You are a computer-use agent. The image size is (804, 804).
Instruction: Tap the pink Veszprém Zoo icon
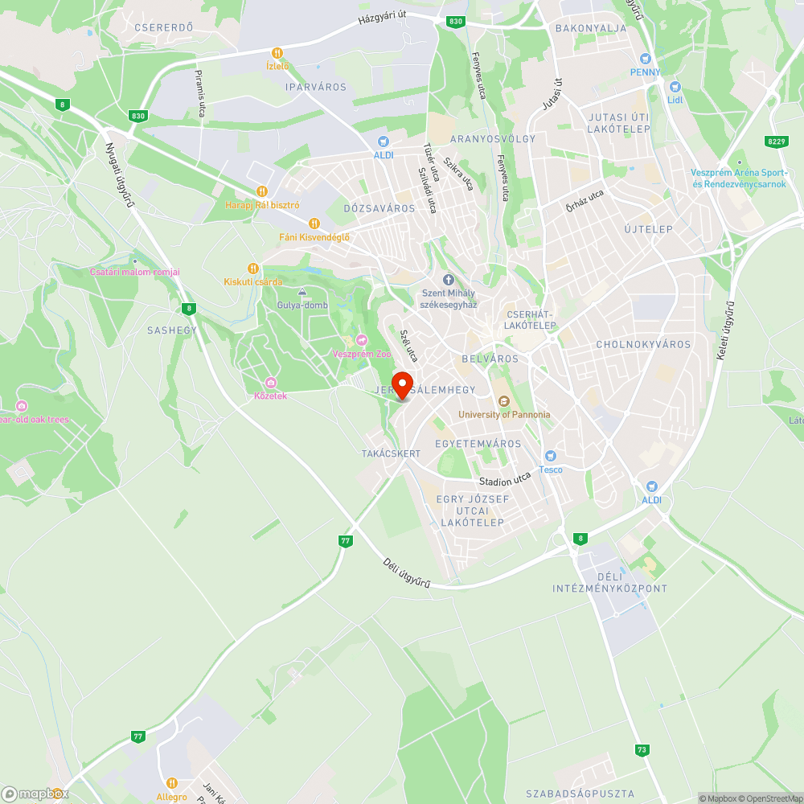coord(361,340)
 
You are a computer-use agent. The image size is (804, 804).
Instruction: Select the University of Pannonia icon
coord(504,401)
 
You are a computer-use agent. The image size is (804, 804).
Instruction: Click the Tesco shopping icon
coord(551,456)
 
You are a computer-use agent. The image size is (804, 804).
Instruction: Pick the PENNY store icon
coord(645,59)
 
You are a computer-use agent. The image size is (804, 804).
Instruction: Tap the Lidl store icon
coord(675,87)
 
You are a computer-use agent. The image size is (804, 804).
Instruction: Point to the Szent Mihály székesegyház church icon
coord(449,280)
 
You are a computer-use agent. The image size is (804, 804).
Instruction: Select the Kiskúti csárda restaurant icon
coord(253,269)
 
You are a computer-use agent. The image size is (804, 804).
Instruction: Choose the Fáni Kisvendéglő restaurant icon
coord(314,224)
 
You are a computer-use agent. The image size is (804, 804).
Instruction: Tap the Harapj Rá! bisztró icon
coord(261,191)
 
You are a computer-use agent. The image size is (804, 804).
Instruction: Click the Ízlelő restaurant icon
coord(277,53)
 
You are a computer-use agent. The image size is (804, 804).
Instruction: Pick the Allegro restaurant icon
coord(171,783)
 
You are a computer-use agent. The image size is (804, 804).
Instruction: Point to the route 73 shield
coord(641,749)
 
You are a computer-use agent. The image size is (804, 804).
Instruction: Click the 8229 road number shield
coord(776,142)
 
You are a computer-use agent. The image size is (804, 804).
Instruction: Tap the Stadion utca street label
coord(505,480)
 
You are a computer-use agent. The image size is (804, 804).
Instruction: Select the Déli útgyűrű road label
coord(407,572)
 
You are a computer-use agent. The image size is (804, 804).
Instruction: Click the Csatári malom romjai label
coord(135,272)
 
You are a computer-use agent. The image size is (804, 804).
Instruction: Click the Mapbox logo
coord(34,794)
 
